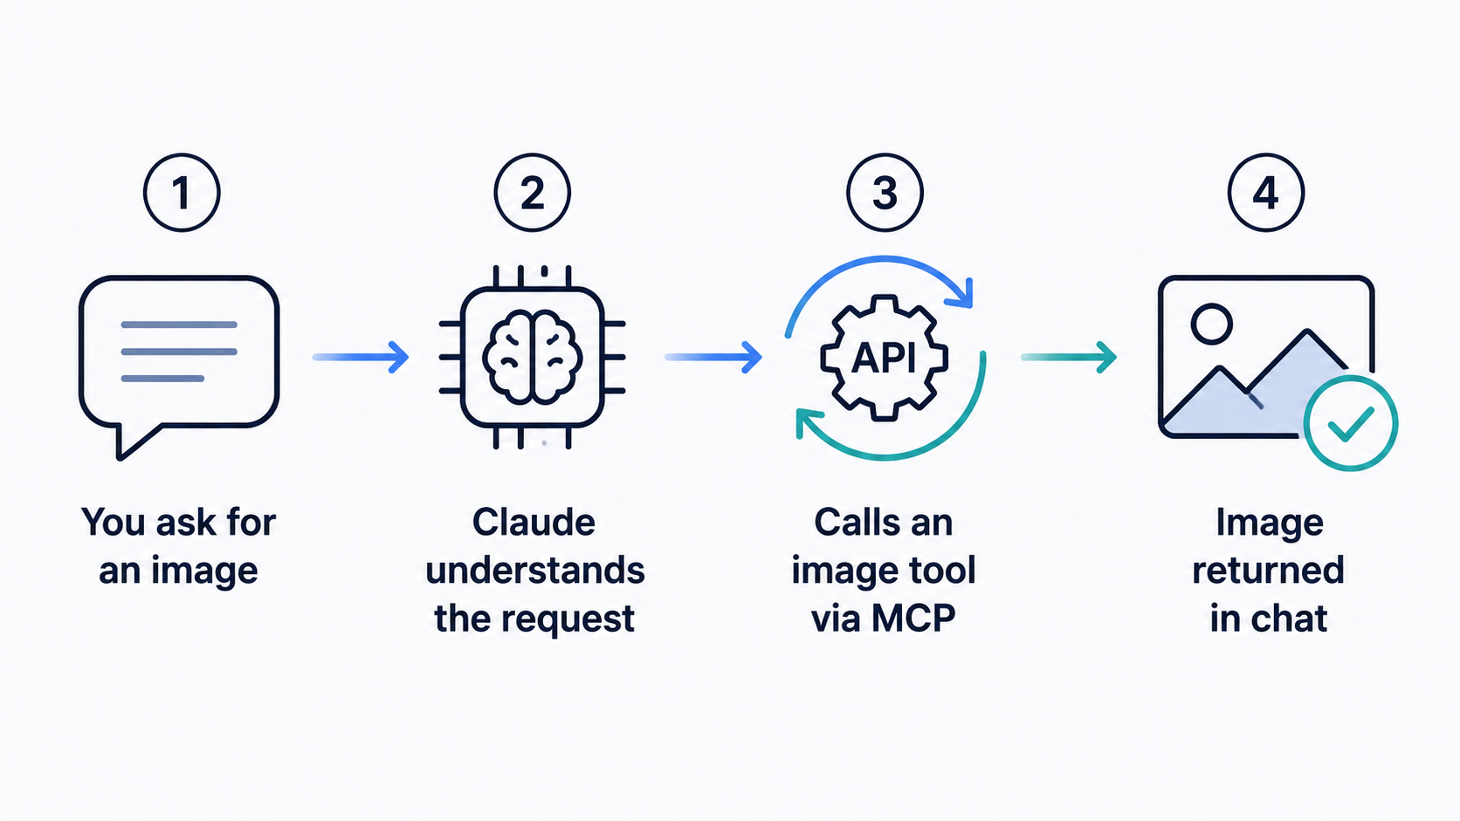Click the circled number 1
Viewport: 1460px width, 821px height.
pos(182,193)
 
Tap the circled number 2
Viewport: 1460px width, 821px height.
pos(533,193)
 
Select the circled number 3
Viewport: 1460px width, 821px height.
pos(885,193)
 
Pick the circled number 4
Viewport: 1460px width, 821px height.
pos(1266,193)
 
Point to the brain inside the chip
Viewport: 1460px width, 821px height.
pos(533,357)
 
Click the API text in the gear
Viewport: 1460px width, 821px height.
pos(884,358)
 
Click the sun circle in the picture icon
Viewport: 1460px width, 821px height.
pos(1212,324)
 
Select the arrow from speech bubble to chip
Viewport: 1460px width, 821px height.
pos(362,357)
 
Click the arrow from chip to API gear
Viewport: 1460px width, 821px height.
pos(713,357)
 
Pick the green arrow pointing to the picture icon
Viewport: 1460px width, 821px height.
pos(1069,357)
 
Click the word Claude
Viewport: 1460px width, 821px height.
pos(534,522)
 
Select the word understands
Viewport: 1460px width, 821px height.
pos(535,571)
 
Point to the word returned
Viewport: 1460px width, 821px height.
pos(1269,571)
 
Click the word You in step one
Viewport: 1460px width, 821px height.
pos(113,522)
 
